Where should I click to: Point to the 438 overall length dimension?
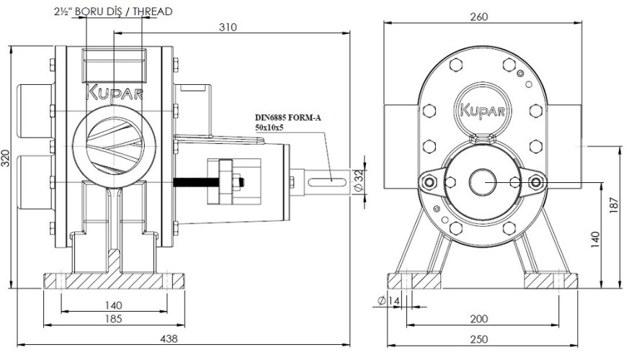point(168,338)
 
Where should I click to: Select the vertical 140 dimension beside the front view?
point(595,238)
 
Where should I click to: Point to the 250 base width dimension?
point(480,339)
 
